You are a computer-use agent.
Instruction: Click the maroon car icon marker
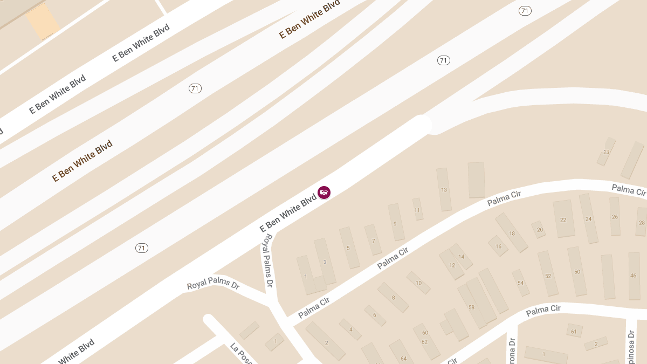tap(324, 193)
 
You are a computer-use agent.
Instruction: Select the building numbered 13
tap(444, 189)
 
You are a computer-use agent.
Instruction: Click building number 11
tap(417, 209)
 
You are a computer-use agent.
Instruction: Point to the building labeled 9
tap(396, 222)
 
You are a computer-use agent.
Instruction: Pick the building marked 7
tap(373, 240)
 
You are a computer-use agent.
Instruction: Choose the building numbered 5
tap(349, 248)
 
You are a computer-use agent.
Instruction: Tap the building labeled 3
tap(325, 262)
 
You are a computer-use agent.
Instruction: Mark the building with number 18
tap(511, 232)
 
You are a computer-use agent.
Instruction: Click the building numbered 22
tap(564, 219)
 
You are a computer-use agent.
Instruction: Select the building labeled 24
tap(589, 218)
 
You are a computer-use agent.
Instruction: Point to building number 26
tap(615, 216)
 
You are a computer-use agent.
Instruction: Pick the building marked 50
tap(577, 271)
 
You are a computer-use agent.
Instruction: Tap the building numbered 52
tap(548, 273)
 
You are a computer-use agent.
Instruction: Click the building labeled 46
tap(634, 276)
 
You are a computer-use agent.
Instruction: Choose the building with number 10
tap(418, 283)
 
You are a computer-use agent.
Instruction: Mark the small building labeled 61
tap(574, 331)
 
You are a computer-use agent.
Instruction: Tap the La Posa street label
tap(241, 353)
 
